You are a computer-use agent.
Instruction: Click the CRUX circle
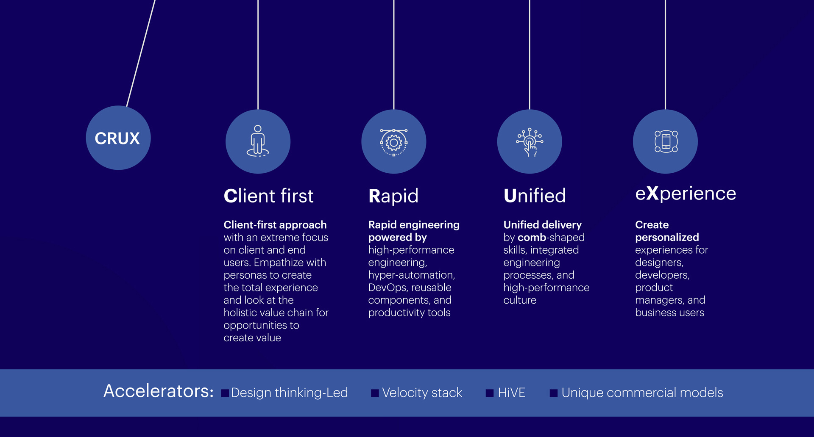click(x=118, y=138)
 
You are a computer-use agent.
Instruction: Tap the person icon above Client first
click(x=258, y=141)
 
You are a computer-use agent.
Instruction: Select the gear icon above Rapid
click(x=393, y=142)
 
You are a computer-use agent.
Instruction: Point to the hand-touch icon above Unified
click(x=530, y=142)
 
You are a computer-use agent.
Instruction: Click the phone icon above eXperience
click(x=666, y=141)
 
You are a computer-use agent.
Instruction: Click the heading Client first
click(x=268, y=196)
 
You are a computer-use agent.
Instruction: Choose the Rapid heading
click(x=393, y=196)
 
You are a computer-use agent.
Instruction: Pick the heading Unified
click(x=534, y=196)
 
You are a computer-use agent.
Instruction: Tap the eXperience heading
click(x=685, y=194)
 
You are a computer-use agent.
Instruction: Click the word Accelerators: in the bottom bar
click(x=159, y=391)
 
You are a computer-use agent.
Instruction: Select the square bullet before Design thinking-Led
click(x=225, y=393)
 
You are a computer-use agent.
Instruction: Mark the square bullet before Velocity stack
click(x=375, y=393)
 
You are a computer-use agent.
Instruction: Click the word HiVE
click(x=511, y=393)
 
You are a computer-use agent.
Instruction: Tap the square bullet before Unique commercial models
click(x=553, y=393)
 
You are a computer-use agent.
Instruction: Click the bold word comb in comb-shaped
click(x=532, y=238)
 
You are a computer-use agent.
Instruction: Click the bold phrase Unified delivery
click(x=542, y=225)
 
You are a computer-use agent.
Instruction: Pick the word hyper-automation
click(x=411, y=275)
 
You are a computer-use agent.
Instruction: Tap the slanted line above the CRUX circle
click(x=141, y=53)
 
